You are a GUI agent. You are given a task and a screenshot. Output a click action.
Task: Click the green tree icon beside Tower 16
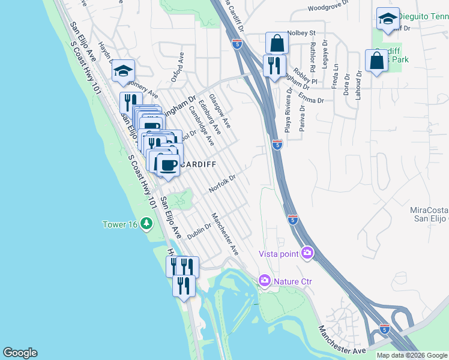[146, 224]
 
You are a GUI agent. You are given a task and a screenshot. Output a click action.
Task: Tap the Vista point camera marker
[307, 253]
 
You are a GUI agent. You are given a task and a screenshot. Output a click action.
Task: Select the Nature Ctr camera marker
[264, 281]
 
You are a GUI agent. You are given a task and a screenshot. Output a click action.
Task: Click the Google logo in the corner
[20, 353]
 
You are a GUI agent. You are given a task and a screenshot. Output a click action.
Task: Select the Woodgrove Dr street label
[328, 8]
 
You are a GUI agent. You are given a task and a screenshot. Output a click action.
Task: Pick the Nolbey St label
[301, 32]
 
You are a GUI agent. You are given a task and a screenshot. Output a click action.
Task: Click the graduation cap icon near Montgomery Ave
[123, 71]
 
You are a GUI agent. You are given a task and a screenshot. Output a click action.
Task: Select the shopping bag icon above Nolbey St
[277, 43]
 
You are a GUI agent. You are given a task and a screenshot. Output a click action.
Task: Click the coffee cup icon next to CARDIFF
[168, 163]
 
